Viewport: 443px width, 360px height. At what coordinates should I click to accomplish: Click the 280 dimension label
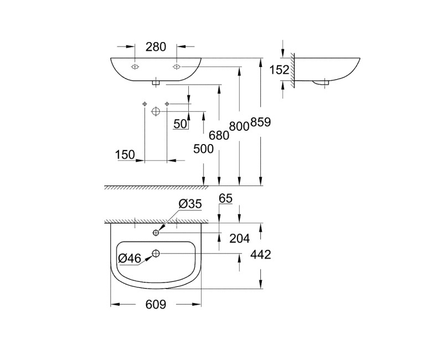point(156,47)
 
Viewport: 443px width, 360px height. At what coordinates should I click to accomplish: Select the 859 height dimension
point(260,123)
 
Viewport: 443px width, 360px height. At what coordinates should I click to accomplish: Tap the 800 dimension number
point(239,126)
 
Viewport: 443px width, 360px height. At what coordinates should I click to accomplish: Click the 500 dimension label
point(203,148)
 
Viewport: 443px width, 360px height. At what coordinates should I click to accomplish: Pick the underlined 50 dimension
point(180,124)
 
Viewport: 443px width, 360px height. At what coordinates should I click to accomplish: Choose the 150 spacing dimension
point(125,155)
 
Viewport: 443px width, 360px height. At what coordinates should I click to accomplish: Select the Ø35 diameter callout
point(189,204)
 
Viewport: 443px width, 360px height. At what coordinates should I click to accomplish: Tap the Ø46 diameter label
point(130,258)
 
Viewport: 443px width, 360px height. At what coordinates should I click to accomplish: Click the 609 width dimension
point(156,304)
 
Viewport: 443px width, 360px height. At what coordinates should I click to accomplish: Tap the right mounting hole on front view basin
point(177,67)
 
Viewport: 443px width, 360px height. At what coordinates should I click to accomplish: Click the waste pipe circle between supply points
point(156,111)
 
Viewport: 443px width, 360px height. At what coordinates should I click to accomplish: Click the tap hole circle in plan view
point(156,233)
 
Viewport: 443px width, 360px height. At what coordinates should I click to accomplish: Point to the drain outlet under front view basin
point(156,83)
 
